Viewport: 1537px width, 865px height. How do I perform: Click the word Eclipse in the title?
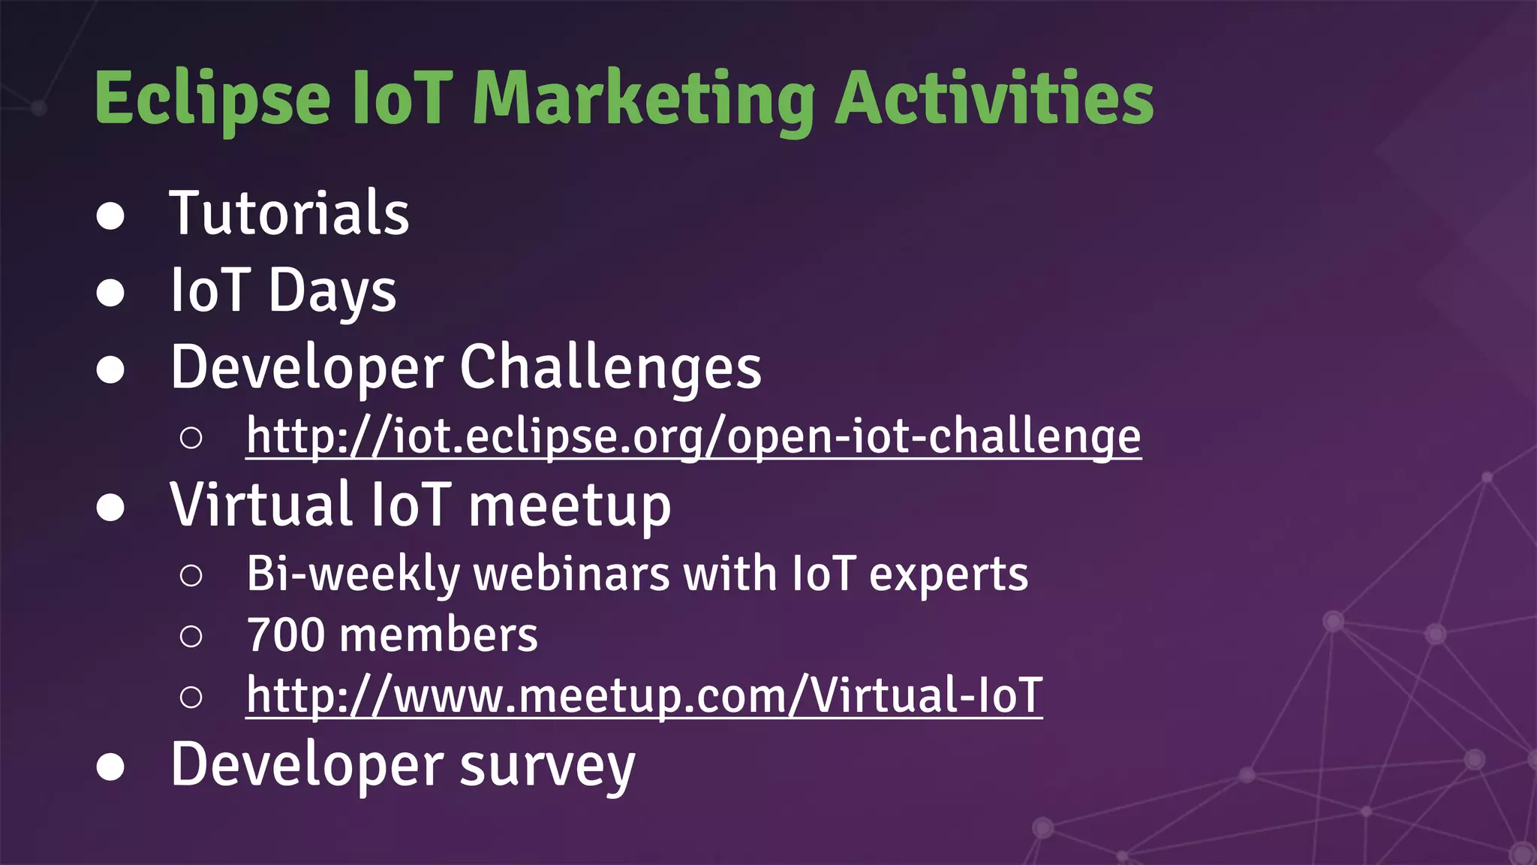pyautogui.click(x=212, y=99)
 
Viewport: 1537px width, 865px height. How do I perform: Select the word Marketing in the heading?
pyautogui.click(x=644, y=99)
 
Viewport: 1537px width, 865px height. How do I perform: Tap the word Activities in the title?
pyautogui.click(x=994, y=99)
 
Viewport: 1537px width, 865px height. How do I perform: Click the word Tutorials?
pyautogui.click(x=289, y=214)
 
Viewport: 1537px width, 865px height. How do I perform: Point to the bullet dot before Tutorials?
pyautogui.click(x=110, y=216)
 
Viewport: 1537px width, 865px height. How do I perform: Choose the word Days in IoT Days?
pyautogui.click(x=332, y=291)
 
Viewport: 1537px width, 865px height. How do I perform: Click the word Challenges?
pyautogui.click(x=610, y=368)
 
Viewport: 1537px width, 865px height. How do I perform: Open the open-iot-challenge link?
pyautogui.click(x=693, y=436)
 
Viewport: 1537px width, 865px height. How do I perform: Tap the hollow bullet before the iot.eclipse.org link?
pyautogui.click(x=191, y=438)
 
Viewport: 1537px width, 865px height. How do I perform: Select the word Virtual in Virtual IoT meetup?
pyautogui.click(x=261, y=505)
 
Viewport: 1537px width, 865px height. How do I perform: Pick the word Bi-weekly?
pyautogui.click(x=353, y=574)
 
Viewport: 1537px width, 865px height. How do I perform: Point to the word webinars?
pyautogui.click(x=572, y=574)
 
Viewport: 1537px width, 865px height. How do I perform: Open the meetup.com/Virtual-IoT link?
pyautogui.click(x=644, y=695)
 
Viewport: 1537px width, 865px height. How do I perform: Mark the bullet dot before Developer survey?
pyautogui.click(x=110, y=767)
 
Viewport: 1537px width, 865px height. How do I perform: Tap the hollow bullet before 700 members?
pyautogui.click(x=191, y=637)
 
